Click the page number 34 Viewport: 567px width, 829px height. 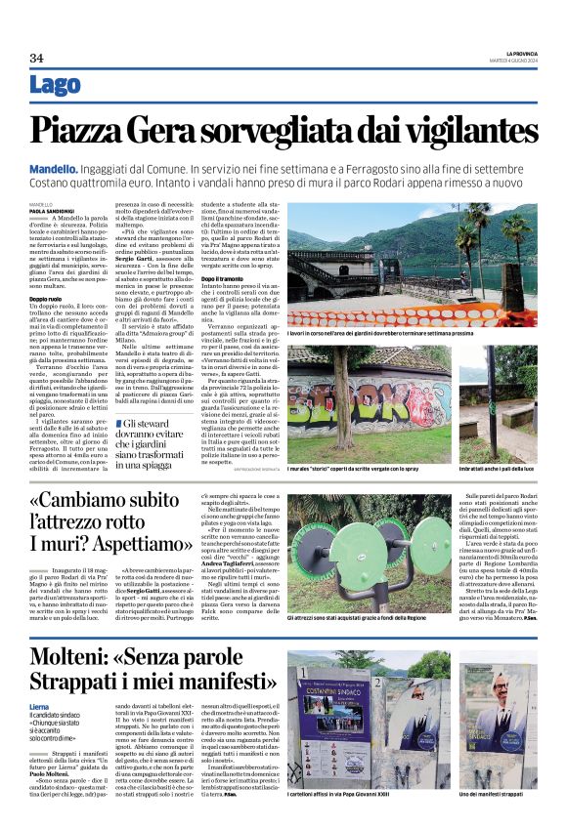[36, 57]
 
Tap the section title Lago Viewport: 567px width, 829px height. [56, 86]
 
